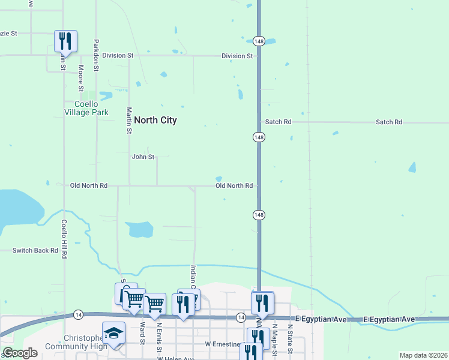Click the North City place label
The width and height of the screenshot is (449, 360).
tap(155, 120)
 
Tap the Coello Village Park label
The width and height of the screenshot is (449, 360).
tap(87, 108)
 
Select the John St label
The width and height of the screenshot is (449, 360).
tap(143, 157)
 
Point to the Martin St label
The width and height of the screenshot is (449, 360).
tap(129, 121)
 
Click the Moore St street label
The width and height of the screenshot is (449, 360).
tap(80, 78)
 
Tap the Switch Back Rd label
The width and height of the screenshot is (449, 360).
tap(35, 250)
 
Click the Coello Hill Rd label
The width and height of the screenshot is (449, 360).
tap(64, 239)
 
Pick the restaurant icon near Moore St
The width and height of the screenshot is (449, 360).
tap(65, 41)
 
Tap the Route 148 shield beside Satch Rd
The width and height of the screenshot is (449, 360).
tap(258, 137)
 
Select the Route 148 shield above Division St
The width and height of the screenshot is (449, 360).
tap(258, 41)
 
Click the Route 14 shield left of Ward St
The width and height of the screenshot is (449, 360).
tap(78, 314)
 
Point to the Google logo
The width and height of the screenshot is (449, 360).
tap(20, 353)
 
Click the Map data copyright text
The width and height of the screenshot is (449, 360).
tap(423, 355)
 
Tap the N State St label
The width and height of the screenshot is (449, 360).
tap(289, 339)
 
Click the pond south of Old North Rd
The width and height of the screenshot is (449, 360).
tap(139, 229)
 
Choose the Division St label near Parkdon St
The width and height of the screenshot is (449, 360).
tap(118, 55)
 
